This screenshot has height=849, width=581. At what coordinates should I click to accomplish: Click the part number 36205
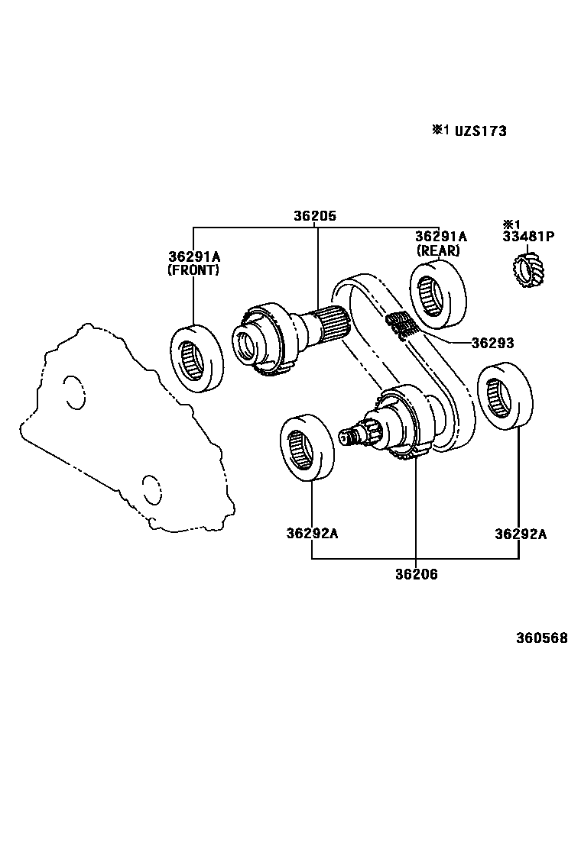[314, 216]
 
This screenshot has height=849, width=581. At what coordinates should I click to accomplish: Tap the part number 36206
[416, 574]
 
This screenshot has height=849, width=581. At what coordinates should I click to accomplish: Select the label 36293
[492, 344]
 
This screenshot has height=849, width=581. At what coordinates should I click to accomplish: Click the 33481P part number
[528, 237]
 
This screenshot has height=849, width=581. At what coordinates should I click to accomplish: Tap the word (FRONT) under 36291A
[193, 270]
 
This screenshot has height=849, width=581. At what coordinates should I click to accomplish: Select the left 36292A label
[312, 534]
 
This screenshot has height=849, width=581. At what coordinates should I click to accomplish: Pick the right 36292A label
[520, 534]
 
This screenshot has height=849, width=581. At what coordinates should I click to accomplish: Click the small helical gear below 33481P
[527, 271]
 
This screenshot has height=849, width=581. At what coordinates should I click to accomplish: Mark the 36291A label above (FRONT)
[194, 256]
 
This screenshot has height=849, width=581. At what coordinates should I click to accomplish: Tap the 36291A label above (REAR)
[440, 237]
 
